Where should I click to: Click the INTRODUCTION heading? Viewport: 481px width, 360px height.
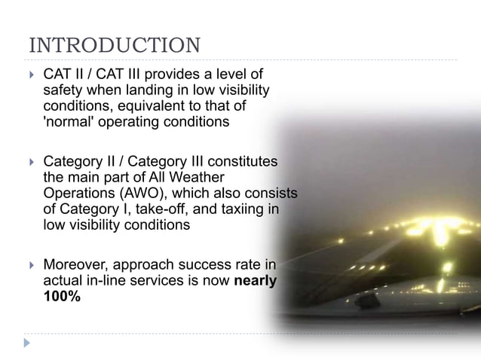115,44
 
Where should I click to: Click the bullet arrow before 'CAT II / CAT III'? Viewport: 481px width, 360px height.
31,75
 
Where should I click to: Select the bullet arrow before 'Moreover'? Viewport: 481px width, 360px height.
31,265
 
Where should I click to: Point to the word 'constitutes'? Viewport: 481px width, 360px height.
239,162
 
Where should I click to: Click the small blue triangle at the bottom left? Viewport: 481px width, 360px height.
28,343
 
